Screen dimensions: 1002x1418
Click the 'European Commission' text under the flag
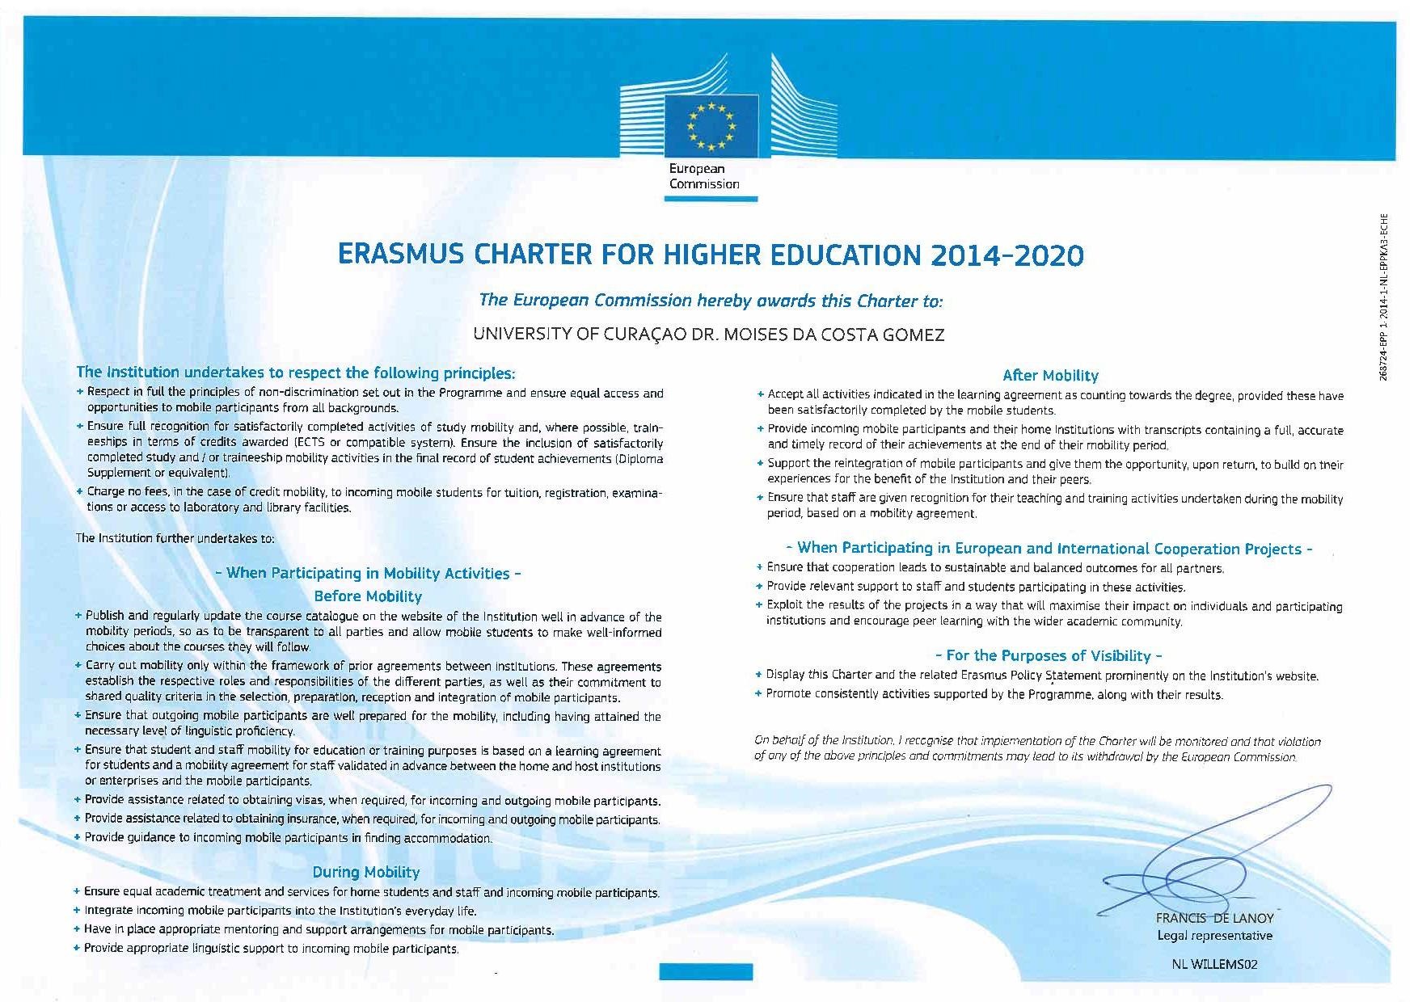[x=703, y=177]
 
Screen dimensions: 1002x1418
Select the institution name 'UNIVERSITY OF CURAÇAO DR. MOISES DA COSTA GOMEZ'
[x=708, y=335]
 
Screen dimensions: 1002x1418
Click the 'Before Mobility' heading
[x=368, y=596]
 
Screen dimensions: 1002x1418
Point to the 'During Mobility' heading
[x=366, y=872]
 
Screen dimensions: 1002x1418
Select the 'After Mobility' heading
[x=1049, y=375]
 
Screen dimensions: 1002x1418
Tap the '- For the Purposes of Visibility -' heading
[x=1048, y=655]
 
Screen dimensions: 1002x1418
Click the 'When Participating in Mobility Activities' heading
[x=369, y=573]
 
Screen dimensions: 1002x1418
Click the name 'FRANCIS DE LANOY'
[x=1214, y=918]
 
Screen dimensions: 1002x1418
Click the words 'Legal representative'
[x=1214, y=936]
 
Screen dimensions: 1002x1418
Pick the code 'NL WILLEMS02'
[x=1214, y=963]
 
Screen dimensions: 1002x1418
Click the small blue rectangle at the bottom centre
[x=707, y=971]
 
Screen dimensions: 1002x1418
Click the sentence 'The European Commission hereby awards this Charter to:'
[x=711, y=301]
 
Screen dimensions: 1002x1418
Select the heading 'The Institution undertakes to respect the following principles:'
[x=295, y=373]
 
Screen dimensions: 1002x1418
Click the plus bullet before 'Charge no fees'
[x=79, y=491]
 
